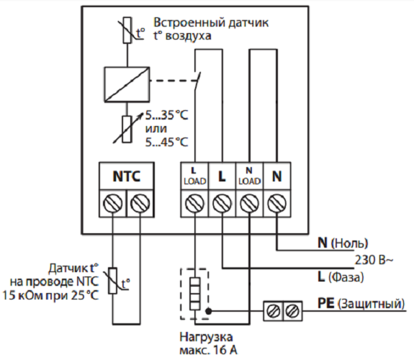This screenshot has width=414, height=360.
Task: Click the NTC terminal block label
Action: (127, 176)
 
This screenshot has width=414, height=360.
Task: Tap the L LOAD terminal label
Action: (195, 176)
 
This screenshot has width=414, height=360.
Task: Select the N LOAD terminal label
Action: (250, 176)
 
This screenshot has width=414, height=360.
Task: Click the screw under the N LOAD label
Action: (250, 204)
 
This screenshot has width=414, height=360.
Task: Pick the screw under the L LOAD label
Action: (195, 204)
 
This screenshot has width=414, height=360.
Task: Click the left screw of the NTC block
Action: (113, 204)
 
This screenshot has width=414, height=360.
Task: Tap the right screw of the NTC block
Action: (140, 204)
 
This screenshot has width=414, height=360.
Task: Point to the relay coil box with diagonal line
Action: (127, 84)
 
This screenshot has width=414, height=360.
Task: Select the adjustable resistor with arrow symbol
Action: (127, 129)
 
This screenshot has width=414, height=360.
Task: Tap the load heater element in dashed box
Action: (195, 294)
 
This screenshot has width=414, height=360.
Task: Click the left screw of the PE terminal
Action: (273, 311)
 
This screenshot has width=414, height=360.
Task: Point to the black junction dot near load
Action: (209, 311)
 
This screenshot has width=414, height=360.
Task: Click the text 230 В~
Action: (374, 260)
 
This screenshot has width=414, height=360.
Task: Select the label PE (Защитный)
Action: (361, 304)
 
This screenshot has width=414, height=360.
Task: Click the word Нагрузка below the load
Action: (206, 337)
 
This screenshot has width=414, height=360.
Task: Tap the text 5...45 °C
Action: (166, 143)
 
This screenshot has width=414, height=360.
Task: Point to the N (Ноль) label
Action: (343, 243)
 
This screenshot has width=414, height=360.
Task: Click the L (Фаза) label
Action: (341, 277)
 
